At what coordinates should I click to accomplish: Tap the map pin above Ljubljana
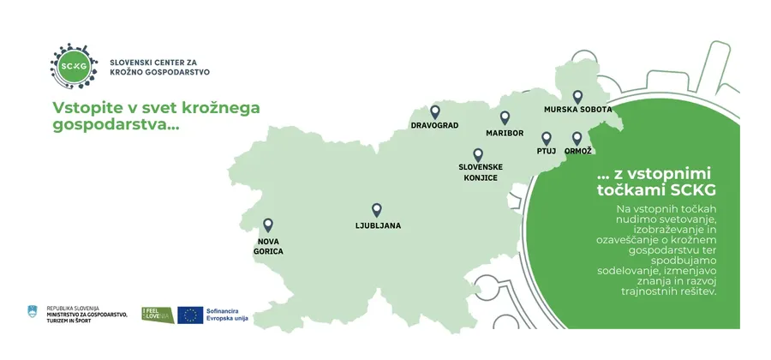[376, 210]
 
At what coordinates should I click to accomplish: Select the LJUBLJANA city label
[377, 226]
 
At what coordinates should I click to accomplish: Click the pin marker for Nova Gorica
[268, 225]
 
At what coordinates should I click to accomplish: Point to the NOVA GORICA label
[270, 247]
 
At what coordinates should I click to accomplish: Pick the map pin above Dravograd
[434, 111]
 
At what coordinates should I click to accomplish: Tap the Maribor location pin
[505, 118]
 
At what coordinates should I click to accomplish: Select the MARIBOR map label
[505, 134]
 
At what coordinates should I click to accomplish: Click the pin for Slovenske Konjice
[477, 154]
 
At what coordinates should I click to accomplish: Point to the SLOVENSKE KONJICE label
[481, 171]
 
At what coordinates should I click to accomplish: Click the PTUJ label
[547, 152]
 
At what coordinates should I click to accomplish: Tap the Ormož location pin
[577, 138]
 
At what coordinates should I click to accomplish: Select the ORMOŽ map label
[578, 152]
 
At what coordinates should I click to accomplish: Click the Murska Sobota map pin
[577, 97]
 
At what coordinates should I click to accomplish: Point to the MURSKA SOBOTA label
[578, 111]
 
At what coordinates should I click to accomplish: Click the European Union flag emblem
[190, 315]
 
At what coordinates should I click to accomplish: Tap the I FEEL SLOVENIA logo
[158, 315]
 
